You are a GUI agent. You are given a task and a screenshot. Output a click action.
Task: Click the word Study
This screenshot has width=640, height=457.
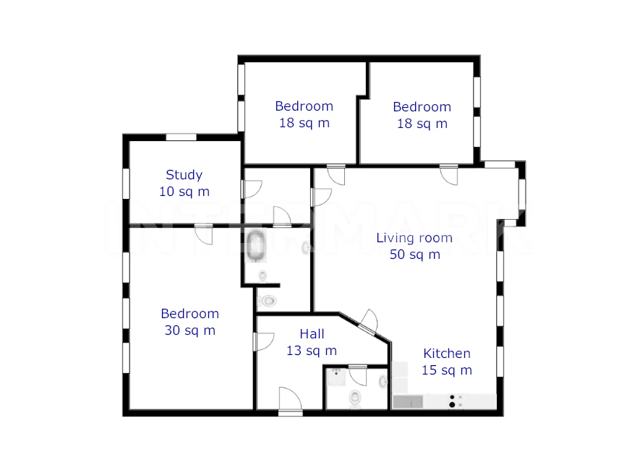[x=184, y=175]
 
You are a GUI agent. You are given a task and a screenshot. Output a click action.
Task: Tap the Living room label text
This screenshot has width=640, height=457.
[x=414, y=237]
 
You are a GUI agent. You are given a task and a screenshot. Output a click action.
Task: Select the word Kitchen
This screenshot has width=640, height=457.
[x=446, y=354]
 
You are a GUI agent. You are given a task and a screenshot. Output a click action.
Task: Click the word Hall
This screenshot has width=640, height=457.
[x=312, y=334]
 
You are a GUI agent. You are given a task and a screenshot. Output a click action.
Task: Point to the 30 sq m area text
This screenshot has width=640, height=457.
[x=189, y=330]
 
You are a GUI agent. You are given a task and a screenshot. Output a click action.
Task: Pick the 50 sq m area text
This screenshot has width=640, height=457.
[x=414, y=255]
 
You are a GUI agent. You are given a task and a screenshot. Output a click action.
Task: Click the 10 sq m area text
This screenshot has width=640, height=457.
[x=184, y=192]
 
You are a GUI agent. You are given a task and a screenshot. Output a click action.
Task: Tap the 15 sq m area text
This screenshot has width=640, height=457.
[x=446, y=370]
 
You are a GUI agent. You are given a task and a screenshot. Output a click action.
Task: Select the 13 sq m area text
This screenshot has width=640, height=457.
[x=312, y=351]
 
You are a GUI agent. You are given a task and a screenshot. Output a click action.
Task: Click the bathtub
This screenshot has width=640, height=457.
[x=256, y=246]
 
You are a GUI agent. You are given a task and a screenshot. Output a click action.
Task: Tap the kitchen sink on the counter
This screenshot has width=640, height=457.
[x=408, y=402]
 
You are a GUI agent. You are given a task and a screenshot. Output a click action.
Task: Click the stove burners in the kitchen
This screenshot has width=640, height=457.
[x=452, y=401]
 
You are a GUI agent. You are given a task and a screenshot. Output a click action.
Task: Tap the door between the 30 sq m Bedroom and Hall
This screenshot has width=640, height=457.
[x=263, y=341]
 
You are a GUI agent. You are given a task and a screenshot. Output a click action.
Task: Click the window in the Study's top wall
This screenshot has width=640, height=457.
[x=182, y=137]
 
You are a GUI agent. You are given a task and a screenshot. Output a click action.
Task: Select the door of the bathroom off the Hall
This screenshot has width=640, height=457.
[x=357, y=375]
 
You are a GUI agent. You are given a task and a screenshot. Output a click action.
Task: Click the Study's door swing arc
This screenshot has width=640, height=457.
[x=252, y=189]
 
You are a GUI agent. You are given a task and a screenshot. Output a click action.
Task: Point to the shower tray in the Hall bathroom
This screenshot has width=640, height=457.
[x=337, y=377]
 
